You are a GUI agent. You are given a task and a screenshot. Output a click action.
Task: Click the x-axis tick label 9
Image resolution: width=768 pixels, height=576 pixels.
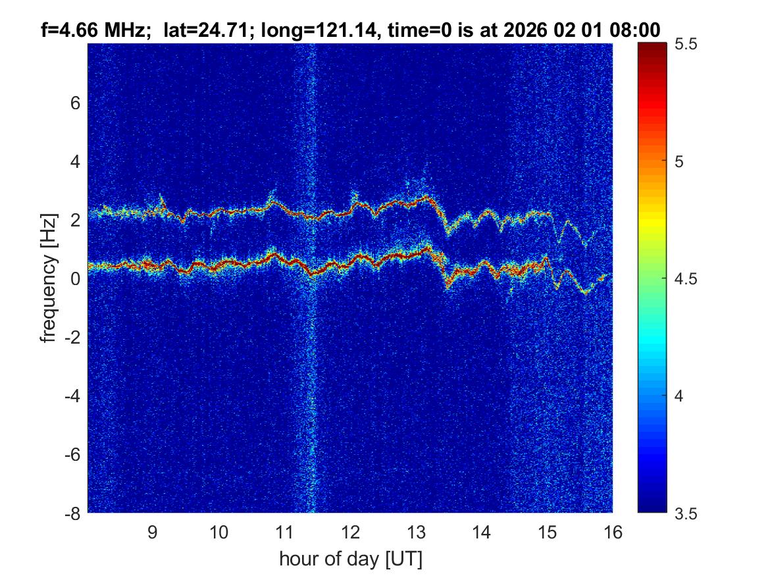[152, 532]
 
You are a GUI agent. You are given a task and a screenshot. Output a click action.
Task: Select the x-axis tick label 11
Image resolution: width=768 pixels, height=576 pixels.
[284, 532]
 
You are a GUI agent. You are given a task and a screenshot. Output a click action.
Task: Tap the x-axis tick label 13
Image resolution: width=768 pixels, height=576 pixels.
[416, 532]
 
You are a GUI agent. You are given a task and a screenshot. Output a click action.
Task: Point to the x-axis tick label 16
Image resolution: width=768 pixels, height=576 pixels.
[613, 532]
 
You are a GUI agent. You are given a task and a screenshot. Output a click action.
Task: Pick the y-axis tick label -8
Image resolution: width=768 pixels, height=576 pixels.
[71, 513]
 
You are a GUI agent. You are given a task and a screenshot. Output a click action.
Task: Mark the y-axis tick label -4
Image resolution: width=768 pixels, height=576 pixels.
[71, 396]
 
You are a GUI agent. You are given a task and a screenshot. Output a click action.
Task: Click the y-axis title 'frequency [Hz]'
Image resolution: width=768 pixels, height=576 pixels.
[48, 278]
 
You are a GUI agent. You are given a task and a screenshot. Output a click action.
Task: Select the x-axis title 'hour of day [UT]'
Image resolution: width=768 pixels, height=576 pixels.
[350, 560]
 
